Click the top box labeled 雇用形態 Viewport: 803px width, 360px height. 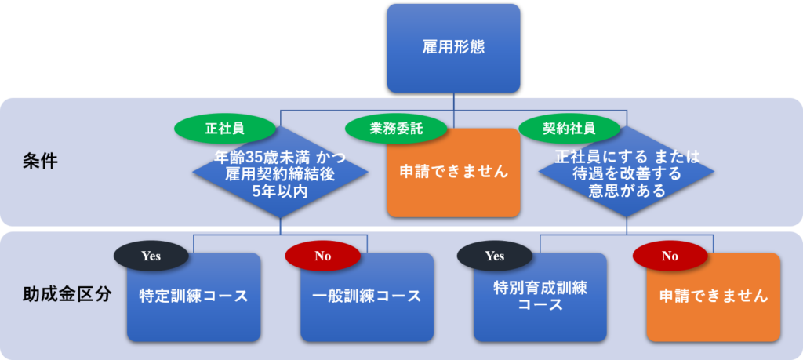[x=453, y=48]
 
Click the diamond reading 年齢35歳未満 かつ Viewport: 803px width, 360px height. [x=280, y=172]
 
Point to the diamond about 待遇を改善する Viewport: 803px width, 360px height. [x=627, y=172]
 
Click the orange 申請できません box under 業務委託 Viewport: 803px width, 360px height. [x=453, y=173]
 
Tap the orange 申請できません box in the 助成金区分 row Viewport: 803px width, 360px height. [x=714, y=297]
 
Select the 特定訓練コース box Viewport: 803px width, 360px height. [x=194, y=297]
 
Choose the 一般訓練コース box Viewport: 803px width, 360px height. [x=367, y=297]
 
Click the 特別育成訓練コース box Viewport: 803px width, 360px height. [x=540, y=297]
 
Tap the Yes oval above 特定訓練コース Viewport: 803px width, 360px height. [x=151, y=256]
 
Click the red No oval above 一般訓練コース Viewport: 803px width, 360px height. [x=322, y=256]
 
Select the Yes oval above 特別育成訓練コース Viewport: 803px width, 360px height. [x=495, y=256]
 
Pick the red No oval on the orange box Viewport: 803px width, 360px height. [x=670, y=256]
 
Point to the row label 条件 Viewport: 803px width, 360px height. [x=40, y=162]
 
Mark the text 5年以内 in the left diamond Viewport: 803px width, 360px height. [x=280, y=191]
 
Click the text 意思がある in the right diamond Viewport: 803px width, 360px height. [x=627, y=191]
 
